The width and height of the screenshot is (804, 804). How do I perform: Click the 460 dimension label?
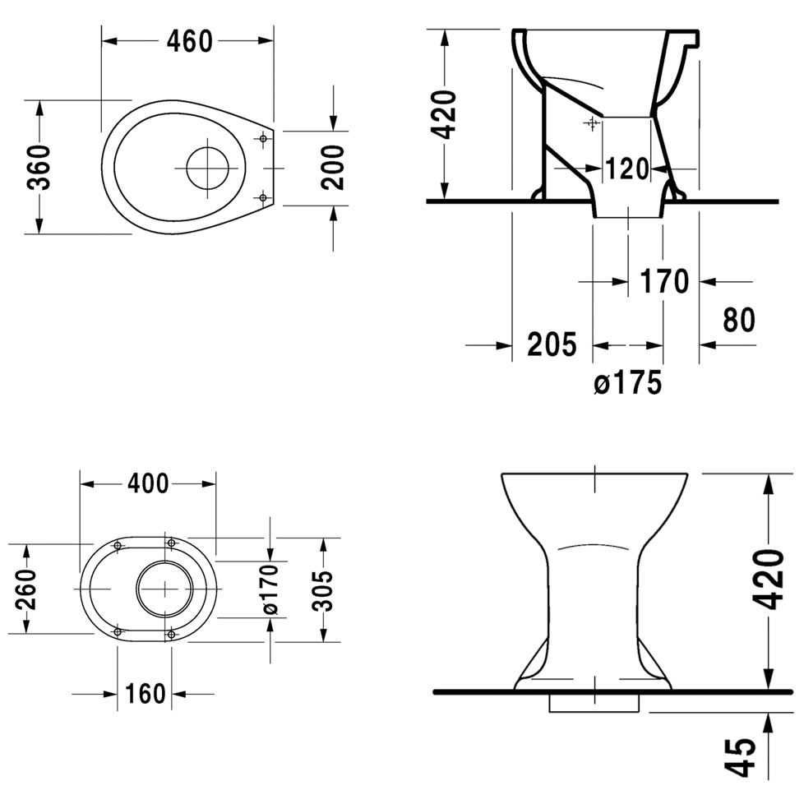pos(189,42)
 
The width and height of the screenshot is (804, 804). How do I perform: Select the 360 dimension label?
pos(39,167)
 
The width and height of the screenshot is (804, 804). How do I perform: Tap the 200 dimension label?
pos(333,167)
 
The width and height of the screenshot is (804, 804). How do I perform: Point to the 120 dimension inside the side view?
pos(627,169)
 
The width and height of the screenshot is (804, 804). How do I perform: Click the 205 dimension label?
pos(552,344)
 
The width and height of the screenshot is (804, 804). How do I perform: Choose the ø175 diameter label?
pos(628,382)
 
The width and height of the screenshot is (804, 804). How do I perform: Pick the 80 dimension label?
pos(739,320)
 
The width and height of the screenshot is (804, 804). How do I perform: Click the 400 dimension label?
pos(148,483)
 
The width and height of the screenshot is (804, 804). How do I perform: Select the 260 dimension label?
pos(26,588)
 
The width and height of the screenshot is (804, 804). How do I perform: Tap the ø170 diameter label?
pos(270,589)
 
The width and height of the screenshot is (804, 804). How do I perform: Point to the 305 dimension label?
pos(323,591)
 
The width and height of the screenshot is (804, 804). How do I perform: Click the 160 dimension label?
pos(146,695)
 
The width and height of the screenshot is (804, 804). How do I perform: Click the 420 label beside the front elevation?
pos(770,580)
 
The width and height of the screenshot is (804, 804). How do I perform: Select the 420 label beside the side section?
pos(442,115)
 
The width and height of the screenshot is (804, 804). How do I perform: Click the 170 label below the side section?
pos(664,281)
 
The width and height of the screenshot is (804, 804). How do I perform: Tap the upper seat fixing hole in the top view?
pos(263,138)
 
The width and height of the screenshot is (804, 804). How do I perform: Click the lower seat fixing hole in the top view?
pos(263,197)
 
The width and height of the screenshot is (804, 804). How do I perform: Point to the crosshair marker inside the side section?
pos(592,123)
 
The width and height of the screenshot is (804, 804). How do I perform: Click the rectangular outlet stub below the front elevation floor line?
pos(594,703)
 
